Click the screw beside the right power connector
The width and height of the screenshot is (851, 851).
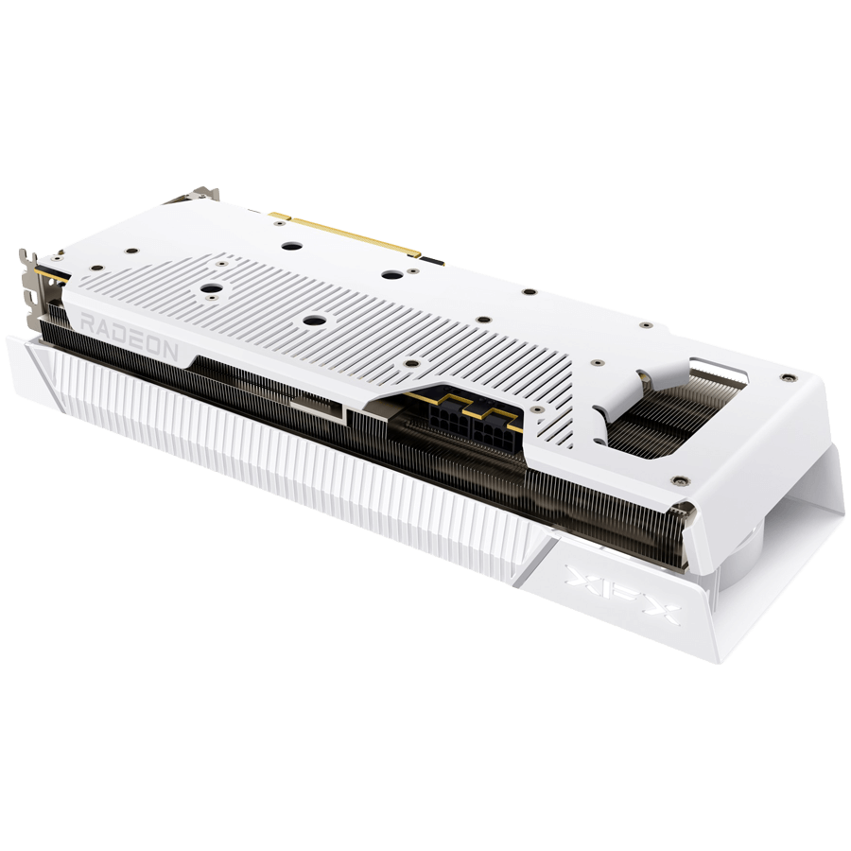(536, 410)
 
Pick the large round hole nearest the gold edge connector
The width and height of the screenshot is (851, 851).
(290, 244)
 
